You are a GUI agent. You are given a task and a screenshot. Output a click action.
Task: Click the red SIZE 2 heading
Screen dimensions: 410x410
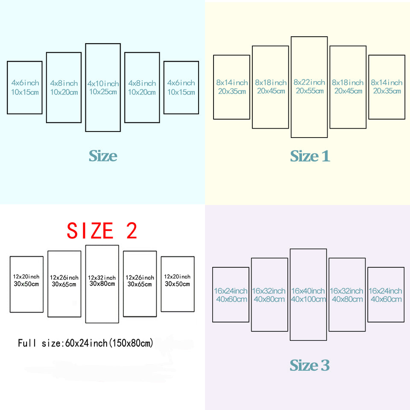[102, 231]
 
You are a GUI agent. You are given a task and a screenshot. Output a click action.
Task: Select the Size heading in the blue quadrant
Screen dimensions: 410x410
[103, 156]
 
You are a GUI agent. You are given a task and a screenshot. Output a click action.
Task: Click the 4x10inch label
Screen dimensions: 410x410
[103, 83]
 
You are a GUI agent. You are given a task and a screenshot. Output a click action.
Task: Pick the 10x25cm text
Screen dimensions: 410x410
[103, 91]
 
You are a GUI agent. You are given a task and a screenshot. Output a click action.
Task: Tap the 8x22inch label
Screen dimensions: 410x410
[309, 82]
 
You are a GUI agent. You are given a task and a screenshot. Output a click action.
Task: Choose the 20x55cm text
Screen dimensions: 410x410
[309, 91]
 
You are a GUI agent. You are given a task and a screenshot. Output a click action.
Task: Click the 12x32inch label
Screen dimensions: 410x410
[102, 278]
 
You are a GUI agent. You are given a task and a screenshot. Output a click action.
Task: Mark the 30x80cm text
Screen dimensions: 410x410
[102, 284]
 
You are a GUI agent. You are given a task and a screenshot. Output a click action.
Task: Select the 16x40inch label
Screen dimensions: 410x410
[308, 291]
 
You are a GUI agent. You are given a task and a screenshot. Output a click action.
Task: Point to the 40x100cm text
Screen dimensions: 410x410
[308, 299]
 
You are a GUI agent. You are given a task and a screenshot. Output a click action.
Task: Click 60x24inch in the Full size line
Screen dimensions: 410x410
[88, 343]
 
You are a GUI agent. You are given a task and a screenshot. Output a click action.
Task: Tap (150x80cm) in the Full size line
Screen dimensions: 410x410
[132, 343]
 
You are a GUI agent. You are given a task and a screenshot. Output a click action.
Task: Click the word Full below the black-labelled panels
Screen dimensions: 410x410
[26, 343]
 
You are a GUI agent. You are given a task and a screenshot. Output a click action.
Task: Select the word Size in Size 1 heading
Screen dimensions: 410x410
[303, 156]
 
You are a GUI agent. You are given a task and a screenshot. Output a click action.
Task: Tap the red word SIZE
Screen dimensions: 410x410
[90, 231]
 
